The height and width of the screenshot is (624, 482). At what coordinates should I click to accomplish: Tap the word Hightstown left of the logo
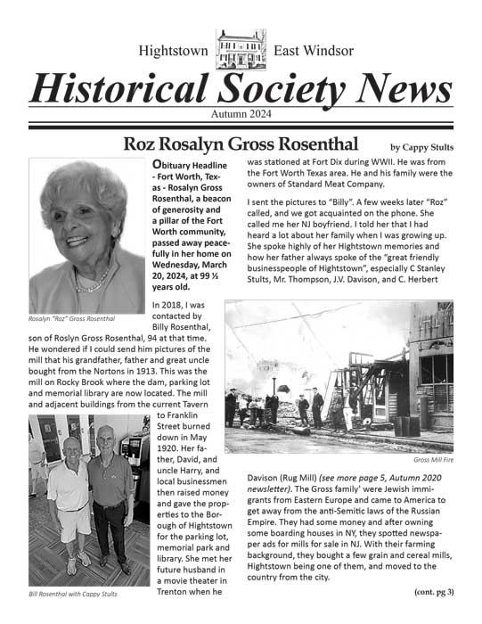173,51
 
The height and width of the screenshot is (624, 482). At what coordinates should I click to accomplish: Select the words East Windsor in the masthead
313,51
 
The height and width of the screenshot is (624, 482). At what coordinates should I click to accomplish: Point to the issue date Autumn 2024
241,114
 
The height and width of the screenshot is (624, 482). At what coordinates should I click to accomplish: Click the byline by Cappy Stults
422,146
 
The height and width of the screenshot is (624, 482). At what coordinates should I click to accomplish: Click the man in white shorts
69,499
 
